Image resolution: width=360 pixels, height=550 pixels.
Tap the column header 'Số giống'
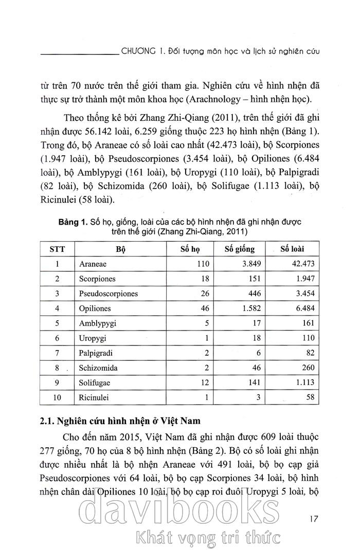(240, 249)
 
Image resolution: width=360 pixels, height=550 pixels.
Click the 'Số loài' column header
(292, 249)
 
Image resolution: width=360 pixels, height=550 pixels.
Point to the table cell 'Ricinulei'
(94, 398)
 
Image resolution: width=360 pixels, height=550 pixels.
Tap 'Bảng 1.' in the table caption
(73, 223)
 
